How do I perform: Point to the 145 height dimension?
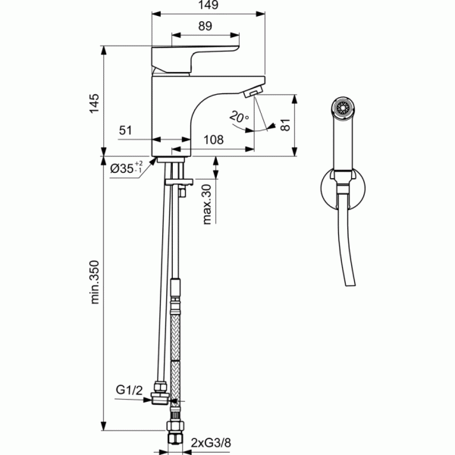95,103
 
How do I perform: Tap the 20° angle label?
238,117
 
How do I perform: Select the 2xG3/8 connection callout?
212,440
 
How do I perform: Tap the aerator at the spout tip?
251,93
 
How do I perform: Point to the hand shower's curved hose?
350,250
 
